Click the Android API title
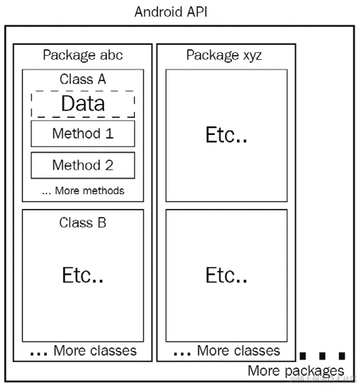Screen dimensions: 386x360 pos(171,12)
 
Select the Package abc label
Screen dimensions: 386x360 pos(82,55)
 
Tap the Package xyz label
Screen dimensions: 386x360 pos(224,55)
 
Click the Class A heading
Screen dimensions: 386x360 pos(83,79)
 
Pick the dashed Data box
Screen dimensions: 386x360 pos(83,104)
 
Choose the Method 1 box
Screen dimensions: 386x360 pos(83,133)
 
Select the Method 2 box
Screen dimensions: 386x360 pos(83,165)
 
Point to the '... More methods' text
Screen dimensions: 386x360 pos(83,191)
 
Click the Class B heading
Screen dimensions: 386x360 pos(83,222)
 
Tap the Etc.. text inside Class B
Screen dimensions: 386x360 pos(83,275)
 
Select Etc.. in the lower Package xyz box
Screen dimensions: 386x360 pos(226,275)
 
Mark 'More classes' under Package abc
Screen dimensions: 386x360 pos(95,350)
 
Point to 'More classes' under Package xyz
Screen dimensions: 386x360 pos(238,350)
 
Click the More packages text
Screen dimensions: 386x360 pos(296,371)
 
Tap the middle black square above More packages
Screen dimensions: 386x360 pos(322,356)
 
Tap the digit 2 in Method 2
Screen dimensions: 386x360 pos(108,165)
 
